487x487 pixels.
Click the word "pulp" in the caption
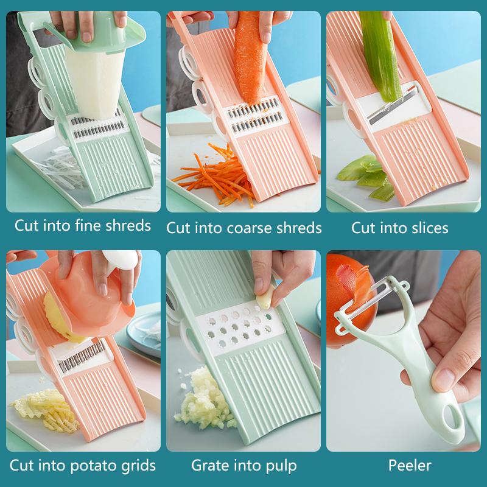(x=281, y=466)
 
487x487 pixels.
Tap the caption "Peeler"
(x=410, y=465)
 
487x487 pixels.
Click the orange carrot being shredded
(x=250, y=57)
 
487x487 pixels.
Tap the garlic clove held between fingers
(x=266, y=297)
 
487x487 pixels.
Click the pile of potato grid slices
(x=47, y=410)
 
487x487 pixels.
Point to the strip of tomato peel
(x=354, y=279)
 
